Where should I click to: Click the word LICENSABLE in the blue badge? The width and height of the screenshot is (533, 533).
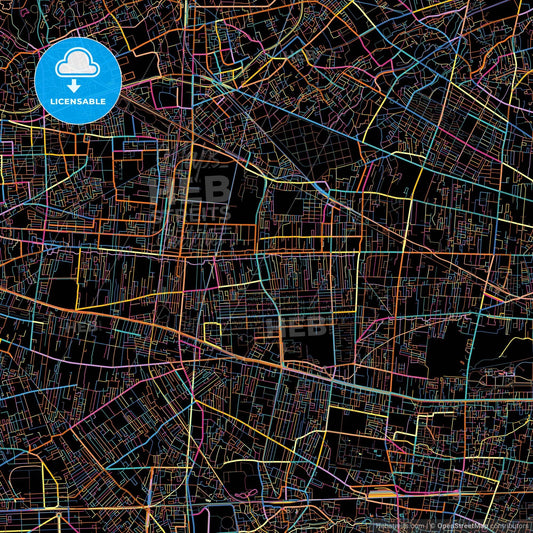[77, 101]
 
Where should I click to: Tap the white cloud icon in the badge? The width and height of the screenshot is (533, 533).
[77, 66]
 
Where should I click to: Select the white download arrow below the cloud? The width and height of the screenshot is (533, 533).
[77, 86]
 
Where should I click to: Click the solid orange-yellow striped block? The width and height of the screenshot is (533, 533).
[380, 492]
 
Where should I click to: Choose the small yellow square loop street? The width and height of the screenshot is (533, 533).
[211, 332]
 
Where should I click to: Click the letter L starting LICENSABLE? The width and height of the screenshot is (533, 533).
[52, 101]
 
